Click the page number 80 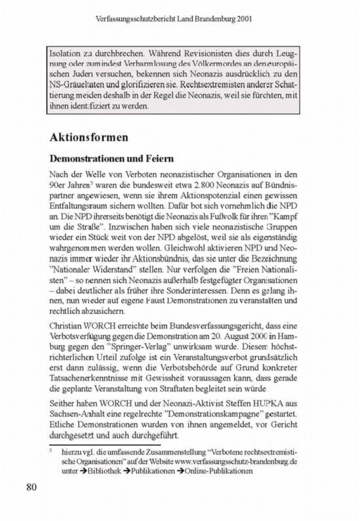(x=32, y=487)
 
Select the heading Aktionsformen (x=89, y=137)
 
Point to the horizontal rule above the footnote (x=104, y=444)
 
